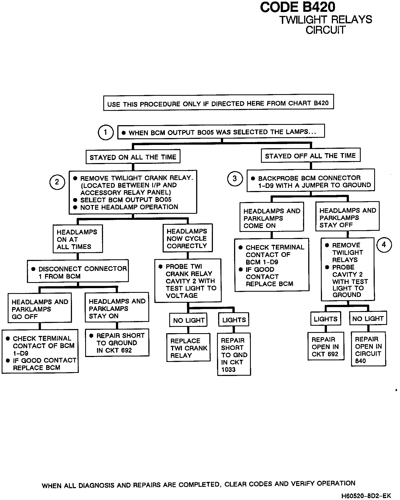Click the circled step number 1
[x=105, y=133]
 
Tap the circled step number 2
[x=57, y=182]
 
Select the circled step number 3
[x=235, y=179]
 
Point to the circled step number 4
[x=384, y=245]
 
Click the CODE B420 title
[x=298, y=7]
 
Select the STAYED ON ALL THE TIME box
[x=133, y=157]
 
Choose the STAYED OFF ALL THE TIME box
[x=310, y=156]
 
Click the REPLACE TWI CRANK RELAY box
[x=188, y=348]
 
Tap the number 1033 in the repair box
[x=228, y=370]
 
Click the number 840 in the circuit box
[x=360, y=361]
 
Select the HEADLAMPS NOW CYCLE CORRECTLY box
[x=187, y=238]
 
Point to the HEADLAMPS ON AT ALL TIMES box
[x=78, y=239]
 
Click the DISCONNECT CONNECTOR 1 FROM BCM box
[x=78, y=272]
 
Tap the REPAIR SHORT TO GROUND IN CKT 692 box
[x=117, y=343]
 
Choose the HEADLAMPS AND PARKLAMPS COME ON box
[x=272, y=218]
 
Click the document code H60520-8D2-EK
[x=366, y=496]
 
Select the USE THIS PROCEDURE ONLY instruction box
[x=218, y=103]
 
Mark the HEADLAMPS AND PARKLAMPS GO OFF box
[x=40, y=309]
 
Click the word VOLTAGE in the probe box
[x=182, y=296]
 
